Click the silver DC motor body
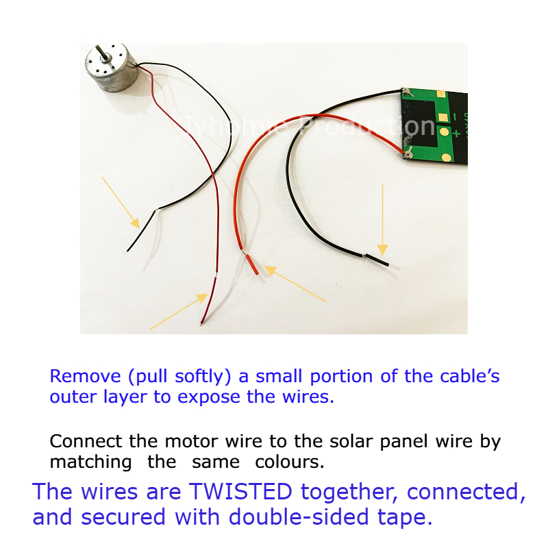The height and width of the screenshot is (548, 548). (x=112, y=68)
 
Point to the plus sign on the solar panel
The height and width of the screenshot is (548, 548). (x=456, y=133)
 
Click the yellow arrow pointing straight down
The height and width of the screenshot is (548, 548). (x=382, y=219)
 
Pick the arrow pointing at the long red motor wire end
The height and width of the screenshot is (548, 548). (x=178, y=312)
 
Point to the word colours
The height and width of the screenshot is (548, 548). (x=289, y=462)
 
